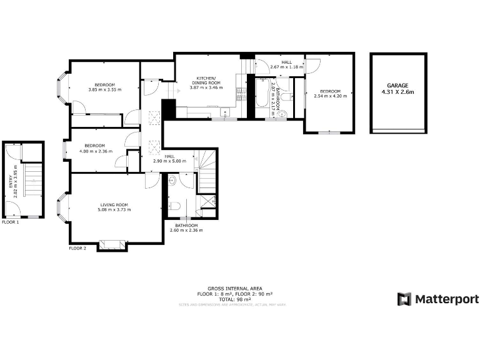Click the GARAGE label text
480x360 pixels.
click(x=397, y=85)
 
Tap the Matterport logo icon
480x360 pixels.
click(x=404, y=299)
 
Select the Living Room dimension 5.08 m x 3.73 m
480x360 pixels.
click(x=114, y=210)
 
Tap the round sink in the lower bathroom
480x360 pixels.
click(x=172, y=182)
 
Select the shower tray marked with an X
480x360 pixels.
click(x=208, y=202)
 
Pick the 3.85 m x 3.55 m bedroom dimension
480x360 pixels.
click(x=105, y=90)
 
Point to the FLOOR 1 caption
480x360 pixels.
click(x=11, y=222)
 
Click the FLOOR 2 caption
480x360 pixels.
click(x=78, y=248)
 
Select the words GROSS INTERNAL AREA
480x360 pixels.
click(x=235, y=289)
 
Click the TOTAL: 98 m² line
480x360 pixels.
click(x=235, y=299)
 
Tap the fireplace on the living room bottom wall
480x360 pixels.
click(x=112, y=244)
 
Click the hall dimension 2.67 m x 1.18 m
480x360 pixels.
click(x=286, y=66)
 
